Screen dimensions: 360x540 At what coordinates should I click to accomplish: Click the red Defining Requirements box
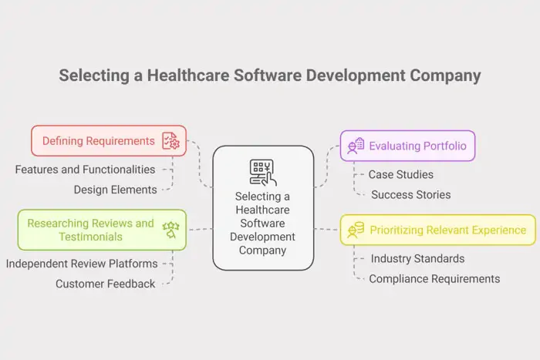pos(108,141)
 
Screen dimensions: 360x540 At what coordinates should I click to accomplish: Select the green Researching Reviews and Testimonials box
pos(101,230)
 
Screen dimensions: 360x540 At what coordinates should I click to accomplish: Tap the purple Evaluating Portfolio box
pos(407,146)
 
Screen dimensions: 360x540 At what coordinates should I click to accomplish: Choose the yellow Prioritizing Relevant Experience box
pos(437,230)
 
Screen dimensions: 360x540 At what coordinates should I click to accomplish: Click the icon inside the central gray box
pos(262,172)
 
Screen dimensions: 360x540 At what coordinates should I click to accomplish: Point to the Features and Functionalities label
pos(85,169)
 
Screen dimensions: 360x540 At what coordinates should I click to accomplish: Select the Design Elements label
pos(115,190)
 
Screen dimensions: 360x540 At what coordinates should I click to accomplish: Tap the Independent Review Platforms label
pos(82,264)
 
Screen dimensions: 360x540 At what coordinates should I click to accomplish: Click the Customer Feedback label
pos(105,284)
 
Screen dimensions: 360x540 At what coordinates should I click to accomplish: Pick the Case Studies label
pos(400,175)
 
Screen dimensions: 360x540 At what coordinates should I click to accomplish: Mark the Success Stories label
pos(410,194)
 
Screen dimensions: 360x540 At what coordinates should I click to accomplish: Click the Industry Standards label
pos(417,258)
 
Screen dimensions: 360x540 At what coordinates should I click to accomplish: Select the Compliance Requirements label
pos(434,278)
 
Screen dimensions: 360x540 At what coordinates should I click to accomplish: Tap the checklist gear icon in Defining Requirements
pos(170,141)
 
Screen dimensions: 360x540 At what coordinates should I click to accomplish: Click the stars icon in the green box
pos(169,229)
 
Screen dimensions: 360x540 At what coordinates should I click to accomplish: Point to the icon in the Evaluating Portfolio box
pos(356,146)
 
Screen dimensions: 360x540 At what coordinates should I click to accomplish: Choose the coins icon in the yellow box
pos(356,230)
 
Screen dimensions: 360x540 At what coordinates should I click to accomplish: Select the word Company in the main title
pos(444,76)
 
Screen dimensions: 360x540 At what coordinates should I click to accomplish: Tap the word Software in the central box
pos(262,223)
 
